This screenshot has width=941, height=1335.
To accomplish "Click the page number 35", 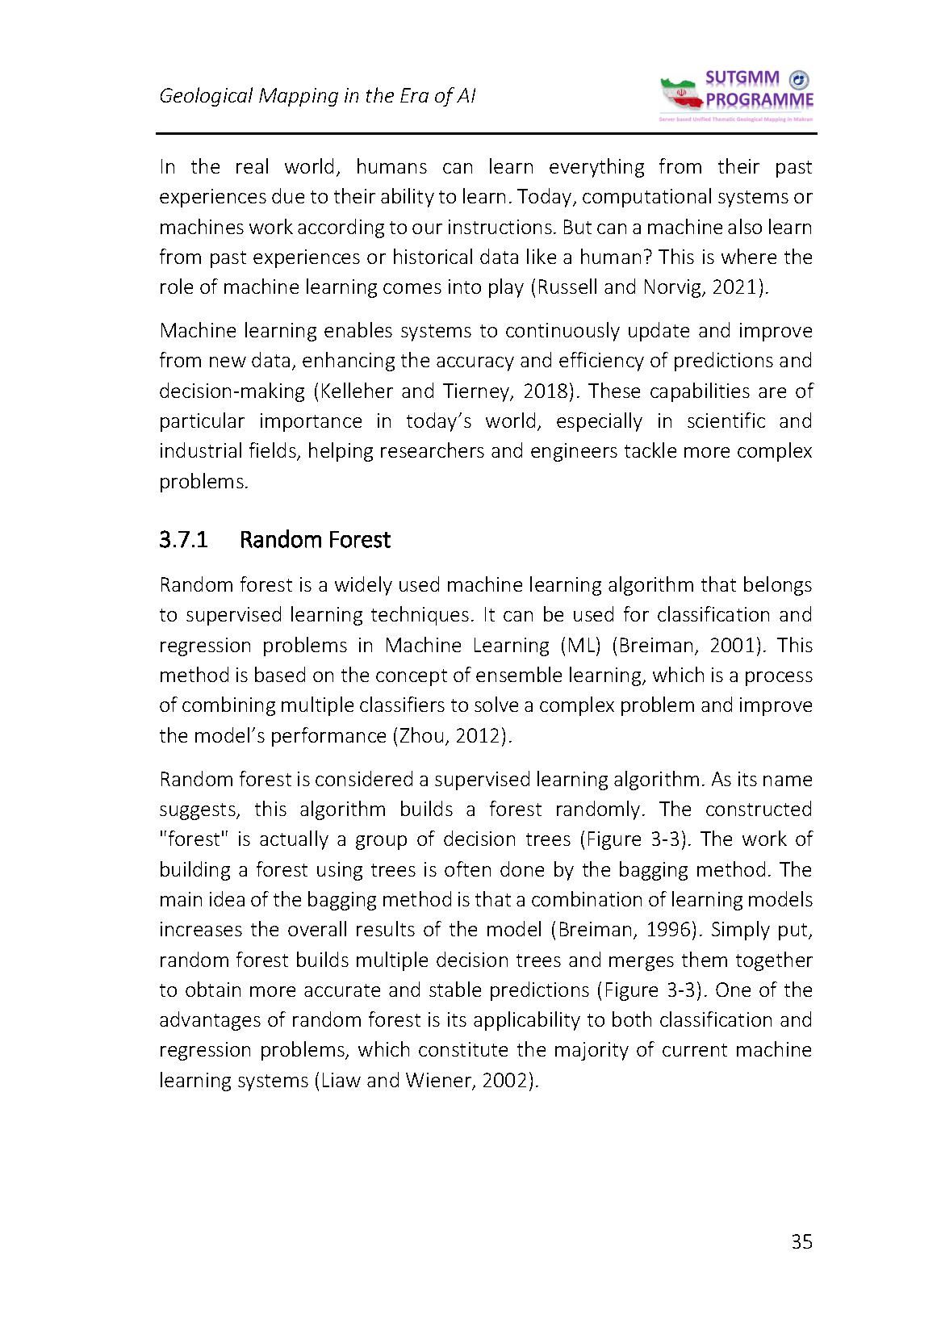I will [801, 1242].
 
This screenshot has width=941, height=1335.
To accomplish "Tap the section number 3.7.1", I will [184, 539].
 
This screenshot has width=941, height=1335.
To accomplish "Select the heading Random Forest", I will [315, 539].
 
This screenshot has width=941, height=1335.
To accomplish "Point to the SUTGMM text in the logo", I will [742, 78].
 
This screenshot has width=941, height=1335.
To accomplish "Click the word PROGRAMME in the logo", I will [759, 100].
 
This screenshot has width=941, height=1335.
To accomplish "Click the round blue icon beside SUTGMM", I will [798, 79].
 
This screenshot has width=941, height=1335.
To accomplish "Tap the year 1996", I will [669, 929].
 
